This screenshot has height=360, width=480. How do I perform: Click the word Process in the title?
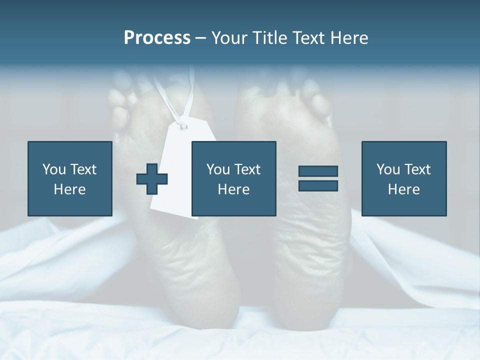[x=157, y=38]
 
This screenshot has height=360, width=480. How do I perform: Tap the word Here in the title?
[x=348, y=38]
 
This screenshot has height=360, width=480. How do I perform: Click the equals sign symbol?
[x=318, y=178]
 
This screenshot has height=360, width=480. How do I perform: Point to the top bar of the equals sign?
[x=318, y=171]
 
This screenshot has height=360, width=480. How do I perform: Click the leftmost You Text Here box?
[x=69, y=178]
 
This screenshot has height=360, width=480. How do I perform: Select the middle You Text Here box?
[x=233, y=178]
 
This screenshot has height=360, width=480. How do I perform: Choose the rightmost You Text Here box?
[x=403, y=178]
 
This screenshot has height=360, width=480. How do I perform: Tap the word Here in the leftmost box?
[x=69, y=189]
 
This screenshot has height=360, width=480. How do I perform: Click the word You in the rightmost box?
[x=388, y=169]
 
